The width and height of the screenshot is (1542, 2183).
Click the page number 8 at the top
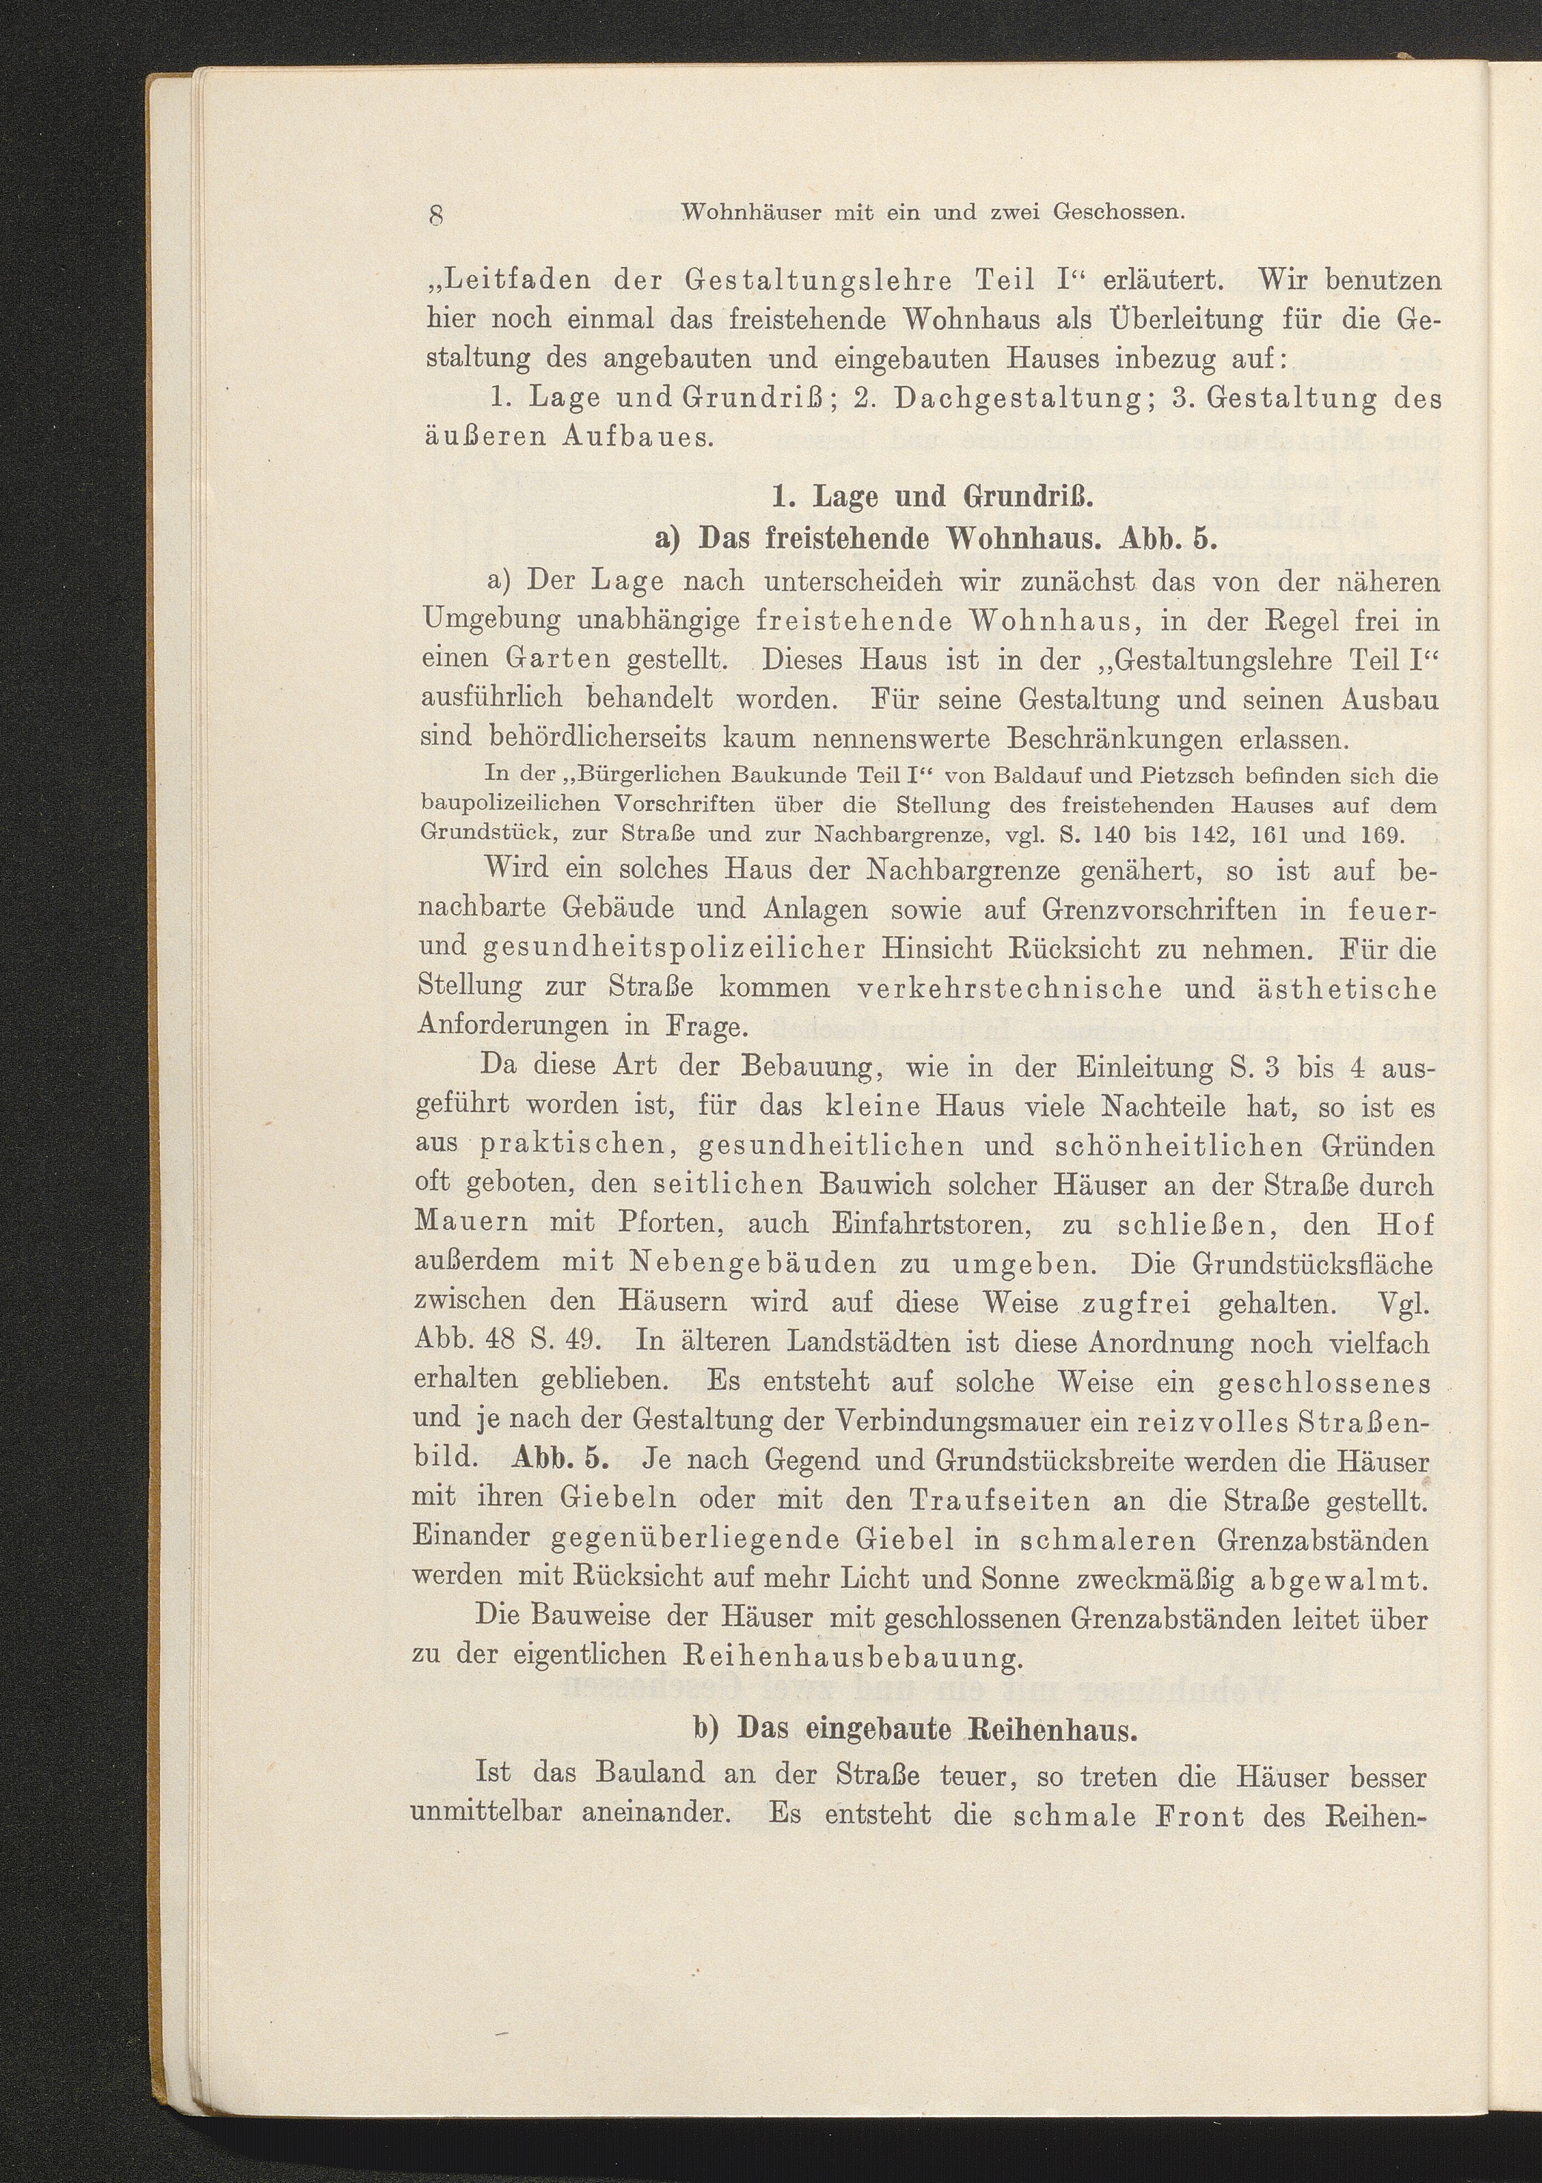click(x=437, y=214)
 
